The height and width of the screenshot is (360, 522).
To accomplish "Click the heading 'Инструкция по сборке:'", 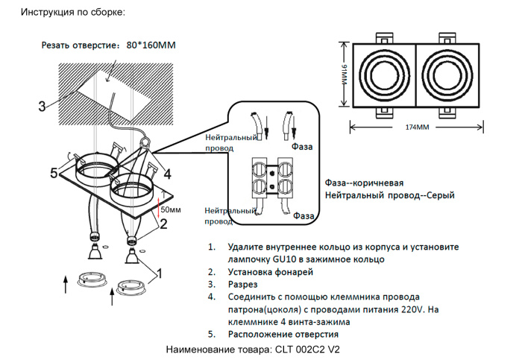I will click(72, 13).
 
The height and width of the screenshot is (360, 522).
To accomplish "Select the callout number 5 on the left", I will click(54, 174).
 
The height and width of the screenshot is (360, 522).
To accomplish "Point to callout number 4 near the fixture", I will click(168, 174).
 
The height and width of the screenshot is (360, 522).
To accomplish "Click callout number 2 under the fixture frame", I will click(163, 222).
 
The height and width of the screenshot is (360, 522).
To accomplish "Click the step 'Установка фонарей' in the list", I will click(266, 272).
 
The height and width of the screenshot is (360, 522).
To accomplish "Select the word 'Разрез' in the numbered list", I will click(242, 285).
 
